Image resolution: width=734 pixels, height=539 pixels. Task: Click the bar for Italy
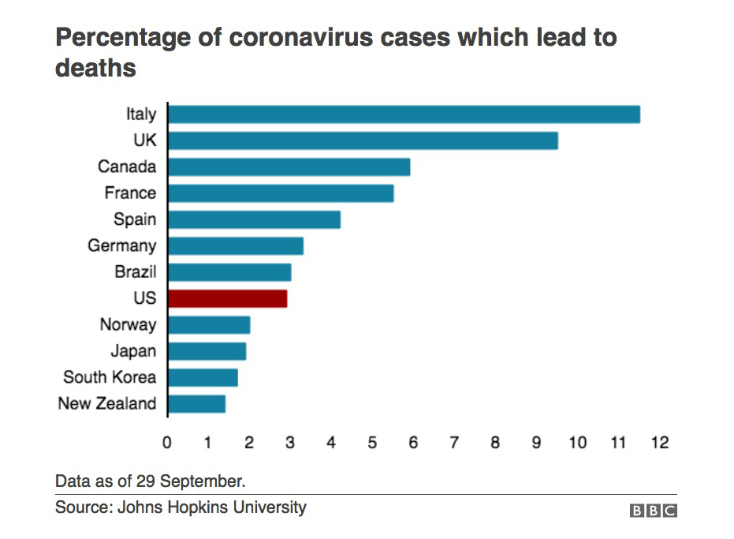pyautogui.click(x=404, y=114)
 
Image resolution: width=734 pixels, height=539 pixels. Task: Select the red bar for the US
pyautogui.click(x=227, y=298)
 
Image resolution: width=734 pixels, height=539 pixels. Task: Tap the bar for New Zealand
pyautogui.click(x=196, y=404)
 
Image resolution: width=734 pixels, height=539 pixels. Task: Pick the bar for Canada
pyautogui.click(x=289, y=167)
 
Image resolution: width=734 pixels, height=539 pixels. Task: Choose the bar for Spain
pyautogui.click(x=254, y=219)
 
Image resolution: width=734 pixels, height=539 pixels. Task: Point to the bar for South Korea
pyautogui.click(x=203, y=377)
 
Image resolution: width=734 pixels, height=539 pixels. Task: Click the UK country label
pyautogui.click(x=145, y=140)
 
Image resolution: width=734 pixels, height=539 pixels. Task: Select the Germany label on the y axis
pyautogui.click(x=122, y=245)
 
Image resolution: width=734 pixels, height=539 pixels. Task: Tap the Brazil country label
pyautogui.click(x=136, y=272)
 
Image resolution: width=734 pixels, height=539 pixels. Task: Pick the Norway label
pyautogui.click(x=129, y=324)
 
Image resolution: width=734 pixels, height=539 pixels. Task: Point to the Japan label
pyautogui.click(x=133, y=351)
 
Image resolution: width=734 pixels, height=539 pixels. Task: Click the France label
pyautogui.click(x=130, y=193)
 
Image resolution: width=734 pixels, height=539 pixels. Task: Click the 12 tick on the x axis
pyautogui.click(x=659, y=443)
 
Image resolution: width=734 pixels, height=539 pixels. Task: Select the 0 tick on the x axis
pyautogui.click(x=167, y=443)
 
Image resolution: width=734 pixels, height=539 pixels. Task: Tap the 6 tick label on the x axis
pyautogui.click(x=413, y=443)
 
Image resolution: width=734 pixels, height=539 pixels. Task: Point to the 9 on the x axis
pyautogui.click(x=536, y=443)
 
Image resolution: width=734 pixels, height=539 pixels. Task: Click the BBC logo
pyautogui.click(x=654, y=511)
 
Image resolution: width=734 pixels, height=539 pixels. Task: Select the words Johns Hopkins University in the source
pyautogui.click(x=211, y=507)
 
